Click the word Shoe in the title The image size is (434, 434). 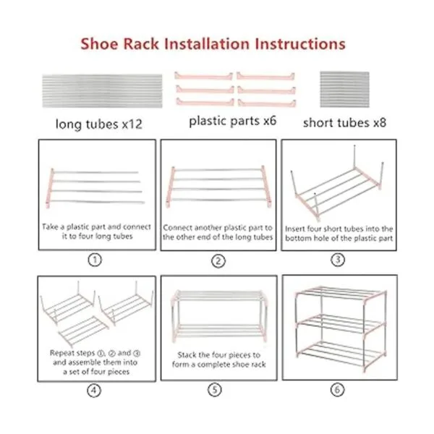[x=99, y=43]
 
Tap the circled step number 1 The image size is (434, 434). [x=95, y=260]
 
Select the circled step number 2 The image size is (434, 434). [x=218, y=261]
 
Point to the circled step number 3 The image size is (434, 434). [x=338, y=260]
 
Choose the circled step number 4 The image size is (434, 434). [x=94, y=391]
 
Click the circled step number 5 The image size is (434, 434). [x=215, y=390]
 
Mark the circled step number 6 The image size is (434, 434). [x=337, y=390]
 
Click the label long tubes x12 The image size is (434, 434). [x=99, y=124]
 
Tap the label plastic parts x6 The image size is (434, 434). [x=232, y=121]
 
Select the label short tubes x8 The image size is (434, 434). [x=344, y=123]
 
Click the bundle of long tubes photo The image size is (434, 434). [x=102, y=91]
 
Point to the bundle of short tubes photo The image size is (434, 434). [x=344, y=89]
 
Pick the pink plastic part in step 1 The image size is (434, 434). [x=49, y=188]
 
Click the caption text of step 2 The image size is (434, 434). [x=218, y=232]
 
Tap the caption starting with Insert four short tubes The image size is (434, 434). [x=339, y=234]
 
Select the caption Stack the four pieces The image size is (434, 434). [x=218, y=359]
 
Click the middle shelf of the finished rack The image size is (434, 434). [x=341, y=324]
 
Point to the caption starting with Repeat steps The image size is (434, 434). [x=95, y=362]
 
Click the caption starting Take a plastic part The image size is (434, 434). [x=97, y=231]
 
